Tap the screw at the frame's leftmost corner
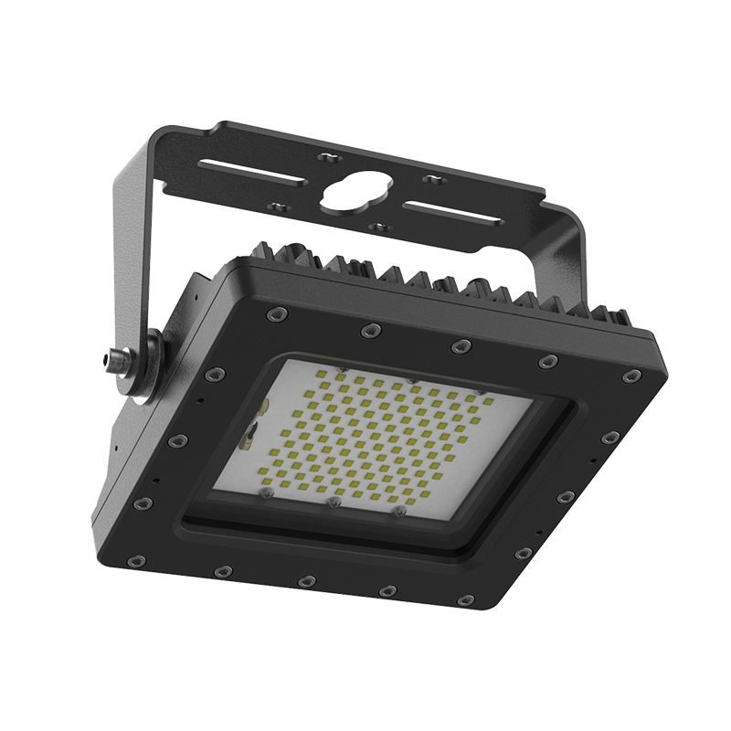pos(140,504)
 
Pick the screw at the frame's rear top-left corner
pos(271,314)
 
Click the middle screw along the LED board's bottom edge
pos(334,502)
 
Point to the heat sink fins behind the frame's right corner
pos(603,315)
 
